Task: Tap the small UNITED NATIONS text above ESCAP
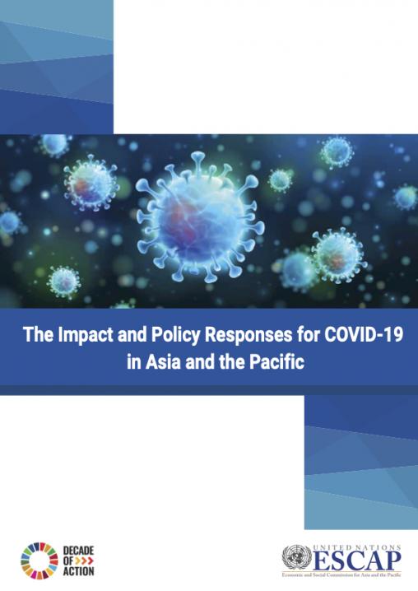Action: [x=355, y=546]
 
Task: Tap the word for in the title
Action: [x=297, y=337]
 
